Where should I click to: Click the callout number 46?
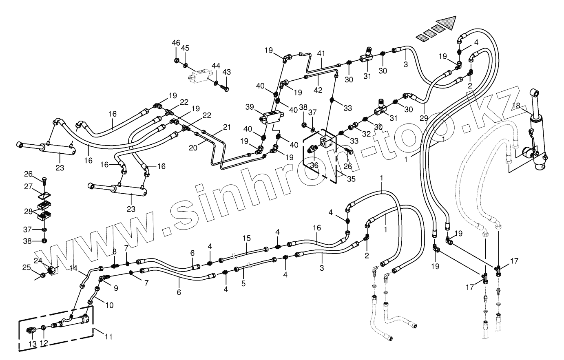[x=176, y=43]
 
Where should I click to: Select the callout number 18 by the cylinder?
[x=516, y=106]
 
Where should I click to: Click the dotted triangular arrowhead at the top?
[x=445, y=23]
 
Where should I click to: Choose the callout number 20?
[x=193, y=147]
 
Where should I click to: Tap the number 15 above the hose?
[x=246, y=238]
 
